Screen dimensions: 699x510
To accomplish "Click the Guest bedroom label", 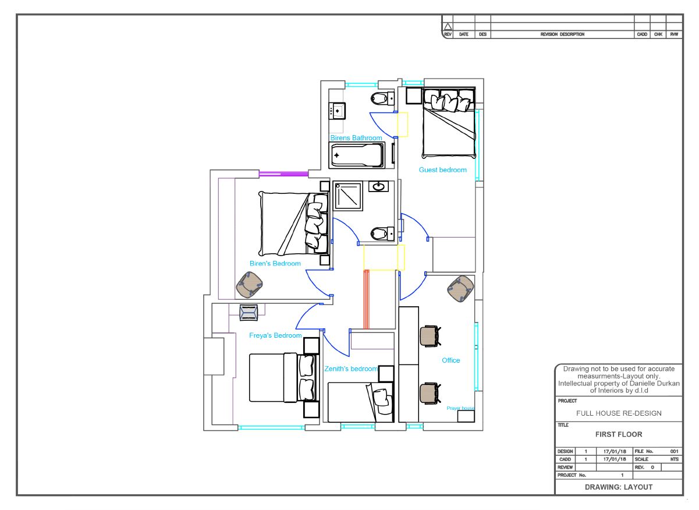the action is [x=442, y=170].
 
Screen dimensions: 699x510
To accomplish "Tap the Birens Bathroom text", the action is [x=356, y=138].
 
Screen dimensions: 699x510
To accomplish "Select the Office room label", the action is [x=451, y=360].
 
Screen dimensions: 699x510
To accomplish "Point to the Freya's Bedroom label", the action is [x=275, y=335].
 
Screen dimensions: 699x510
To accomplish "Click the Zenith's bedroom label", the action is [x=351, y=369].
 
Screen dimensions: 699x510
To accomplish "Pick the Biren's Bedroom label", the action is [x=275, y=263].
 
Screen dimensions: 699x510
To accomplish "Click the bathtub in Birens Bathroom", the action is [x=357, y=155].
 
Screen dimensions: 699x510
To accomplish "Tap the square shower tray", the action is [x=348, y=197].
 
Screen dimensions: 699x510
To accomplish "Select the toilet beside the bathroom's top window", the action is [x=382, y=98].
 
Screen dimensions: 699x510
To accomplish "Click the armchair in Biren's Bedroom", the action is [x=249, y=285].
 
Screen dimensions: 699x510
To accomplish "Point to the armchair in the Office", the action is [x=460, y=288].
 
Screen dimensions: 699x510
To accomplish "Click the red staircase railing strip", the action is [x=366, y=299].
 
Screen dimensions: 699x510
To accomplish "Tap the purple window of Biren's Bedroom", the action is [x=283, y=174].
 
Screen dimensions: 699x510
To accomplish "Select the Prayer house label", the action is [x=460, y=408].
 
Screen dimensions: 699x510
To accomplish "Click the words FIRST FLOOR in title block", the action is [x=619, y=434].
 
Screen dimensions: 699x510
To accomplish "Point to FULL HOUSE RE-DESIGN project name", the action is [x=619, y=413].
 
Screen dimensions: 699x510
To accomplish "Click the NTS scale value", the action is [x=675, y=459].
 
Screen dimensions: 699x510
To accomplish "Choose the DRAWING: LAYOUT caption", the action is [x=619, y=487].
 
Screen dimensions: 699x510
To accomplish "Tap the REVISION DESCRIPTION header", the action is [x=562, y=34].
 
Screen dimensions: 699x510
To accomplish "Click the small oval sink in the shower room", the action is [x=378, y=187].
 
